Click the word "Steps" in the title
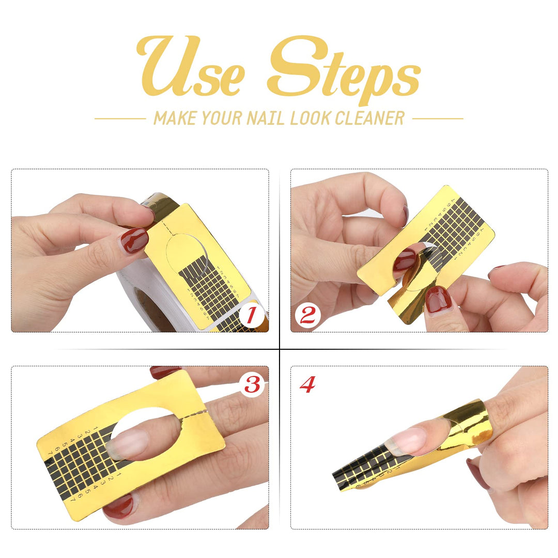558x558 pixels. coord(344,69)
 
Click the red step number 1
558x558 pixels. coord(251,315)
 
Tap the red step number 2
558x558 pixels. coord(307,315)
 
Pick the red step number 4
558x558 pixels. coord(308,384)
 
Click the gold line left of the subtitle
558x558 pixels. coord(120,118)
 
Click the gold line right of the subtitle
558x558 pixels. coord(438,118)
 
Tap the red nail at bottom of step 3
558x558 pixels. coord(118,507)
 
